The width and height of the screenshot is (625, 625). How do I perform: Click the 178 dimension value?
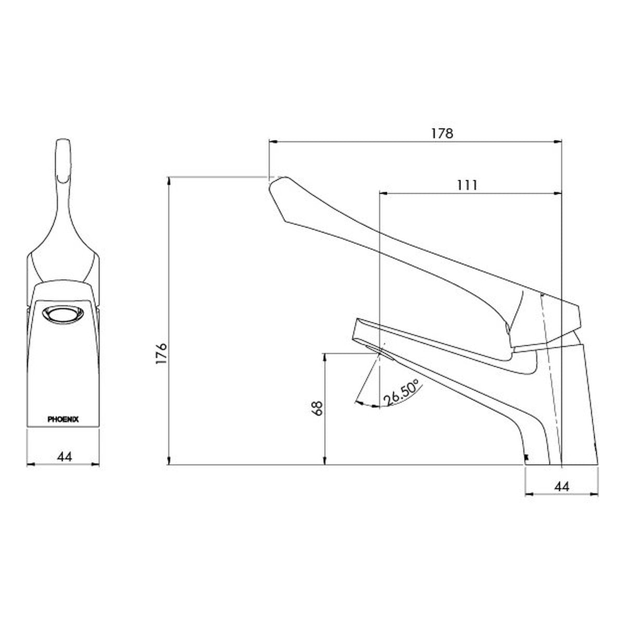442,133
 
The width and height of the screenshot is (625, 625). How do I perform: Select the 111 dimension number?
467,185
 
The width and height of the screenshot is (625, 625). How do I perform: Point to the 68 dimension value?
317,408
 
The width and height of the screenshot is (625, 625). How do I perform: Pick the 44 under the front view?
64,456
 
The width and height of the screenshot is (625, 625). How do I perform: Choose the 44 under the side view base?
562,486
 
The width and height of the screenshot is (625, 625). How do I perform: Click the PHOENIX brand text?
63,419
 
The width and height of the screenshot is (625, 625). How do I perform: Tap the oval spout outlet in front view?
63,315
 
